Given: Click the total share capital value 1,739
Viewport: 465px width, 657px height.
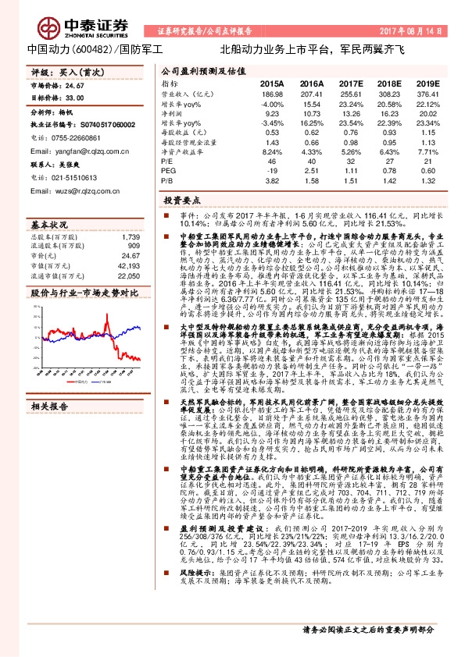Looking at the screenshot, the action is [131, 236].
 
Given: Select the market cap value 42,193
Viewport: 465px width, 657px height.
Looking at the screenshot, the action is [130, 266].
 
